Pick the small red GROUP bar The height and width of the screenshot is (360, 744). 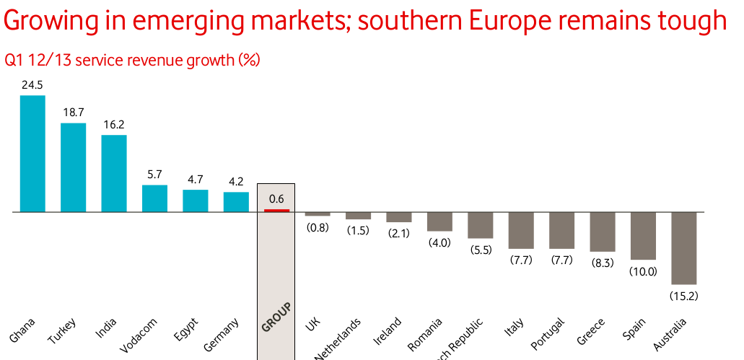click(x=276, y=211)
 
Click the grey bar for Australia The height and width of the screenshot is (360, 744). click(x=684, y=248)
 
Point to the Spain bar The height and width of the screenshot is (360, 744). click(x=643, y=236)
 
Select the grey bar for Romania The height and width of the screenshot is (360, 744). click(x=439, y=221)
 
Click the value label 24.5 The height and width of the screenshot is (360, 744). click(x=32, y=85)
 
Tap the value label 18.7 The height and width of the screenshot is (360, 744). click(x=73, y=113)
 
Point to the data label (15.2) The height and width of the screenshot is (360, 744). click(x=684, y=296)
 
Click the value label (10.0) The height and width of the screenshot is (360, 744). click(x=643, y=271)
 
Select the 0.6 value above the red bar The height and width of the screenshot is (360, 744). click(x=276, y=198)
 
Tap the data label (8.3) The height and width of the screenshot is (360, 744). click(x=602, y=263)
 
